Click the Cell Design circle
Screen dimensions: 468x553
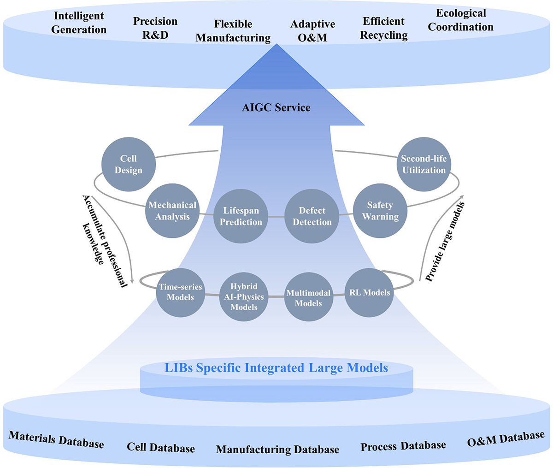(128, 164)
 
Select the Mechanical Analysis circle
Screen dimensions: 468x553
(172, 211)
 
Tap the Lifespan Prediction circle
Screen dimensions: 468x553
(241, 216)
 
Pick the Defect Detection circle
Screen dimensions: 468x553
(312, 216)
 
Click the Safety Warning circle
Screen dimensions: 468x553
(380, 211)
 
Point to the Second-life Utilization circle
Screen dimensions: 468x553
(424, 164)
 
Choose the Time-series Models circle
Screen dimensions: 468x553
(180, 292)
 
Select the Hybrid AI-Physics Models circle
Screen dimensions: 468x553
(244, 296)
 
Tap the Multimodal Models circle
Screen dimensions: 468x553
(308, 297)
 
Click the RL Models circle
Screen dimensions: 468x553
(370, 292)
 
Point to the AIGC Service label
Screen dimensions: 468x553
(276, 107)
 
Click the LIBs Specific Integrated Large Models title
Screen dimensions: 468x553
(276, 367)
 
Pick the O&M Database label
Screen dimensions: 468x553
(506, 439)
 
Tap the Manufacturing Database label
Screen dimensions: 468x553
(277, 449)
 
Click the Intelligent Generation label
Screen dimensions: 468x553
(79, 23)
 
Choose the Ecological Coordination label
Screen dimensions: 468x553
(461, 20)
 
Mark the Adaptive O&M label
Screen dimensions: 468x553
(312, 31)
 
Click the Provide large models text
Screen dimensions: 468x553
(444, 242)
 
